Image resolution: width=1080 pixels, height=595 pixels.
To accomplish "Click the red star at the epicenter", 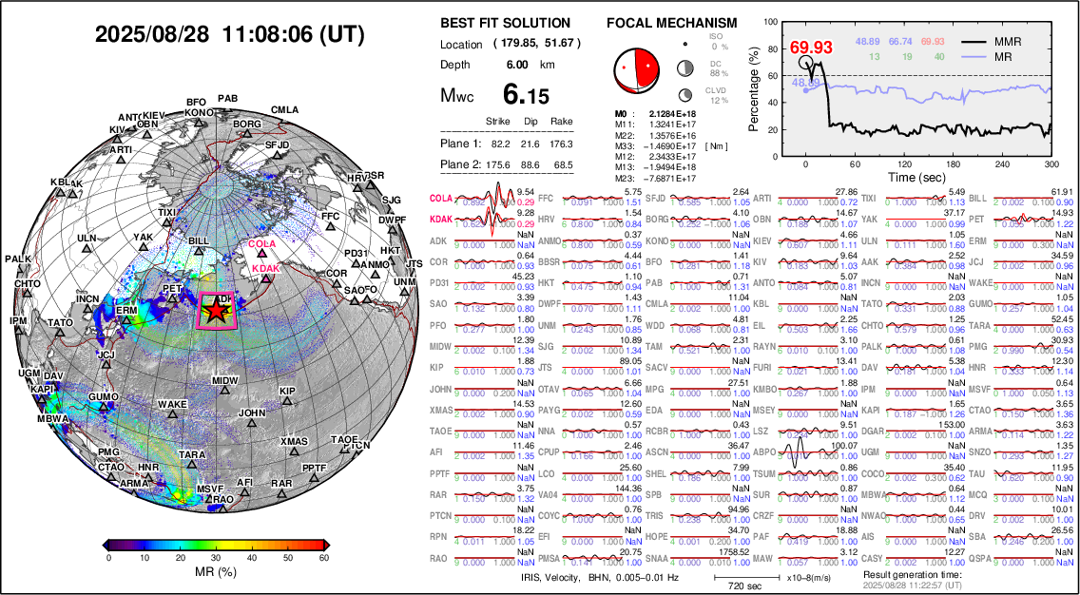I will tap(218, 310).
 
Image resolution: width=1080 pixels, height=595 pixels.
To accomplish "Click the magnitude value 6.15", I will tap(526, 95).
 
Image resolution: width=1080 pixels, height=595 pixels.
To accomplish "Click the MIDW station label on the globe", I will tap(224, 380).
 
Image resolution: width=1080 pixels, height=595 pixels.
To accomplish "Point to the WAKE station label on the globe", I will tap(172, 404).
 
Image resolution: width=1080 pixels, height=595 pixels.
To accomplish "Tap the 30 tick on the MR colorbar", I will tap(218, 559).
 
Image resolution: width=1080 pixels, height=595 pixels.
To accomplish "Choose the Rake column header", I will tap(561, 122).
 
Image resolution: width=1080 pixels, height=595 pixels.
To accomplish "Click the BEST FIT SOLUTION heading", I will tap(505, 23).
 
